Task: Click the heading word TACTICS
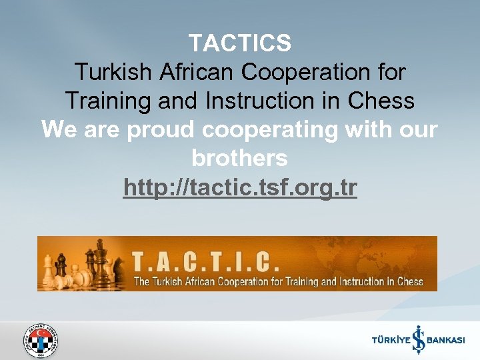[x=239, y=43]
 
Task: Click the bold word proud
[x=162, y=130]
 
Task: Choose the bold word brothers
[x=239, y=159]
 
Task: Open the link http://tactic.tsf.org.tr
[x=240, y=189]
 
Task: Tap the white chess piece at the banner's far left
[x=49, y=269]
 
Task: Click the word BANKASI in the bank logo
[x=445, y=341]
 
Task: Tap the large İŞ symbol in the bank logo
[x=417, y=339]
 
